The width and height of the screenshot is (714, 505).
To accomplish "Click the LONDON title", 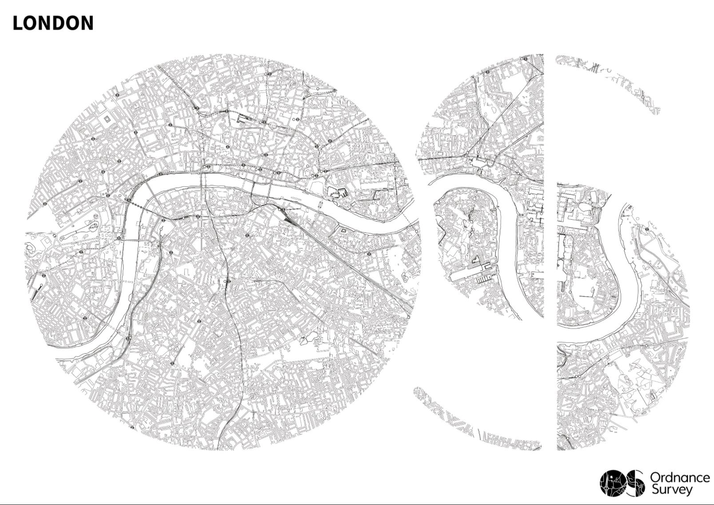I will click(x=53, y=23).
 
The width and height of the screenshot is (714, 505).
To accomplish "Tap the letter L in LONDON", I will click(x=17, y=23).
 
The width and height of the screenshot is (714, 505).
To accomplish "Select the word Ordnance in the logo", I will click(x=680, y=478).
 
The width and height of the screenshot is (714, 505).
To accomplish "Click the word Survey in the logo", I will click(x=671, y=490).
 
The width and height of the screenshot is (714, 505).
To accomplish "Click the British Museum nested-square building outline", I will click(x=107, y=120).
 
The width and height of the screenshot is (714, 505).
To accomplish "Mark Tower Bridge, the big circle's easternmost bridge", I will click(x=320, y=205).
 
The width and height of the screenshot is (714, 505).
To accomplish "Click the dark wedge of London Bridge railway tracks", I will click(x=289, y=217).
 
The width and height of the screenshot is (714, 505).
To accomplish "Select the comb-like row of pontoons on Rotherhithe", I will click(x=484, y=280).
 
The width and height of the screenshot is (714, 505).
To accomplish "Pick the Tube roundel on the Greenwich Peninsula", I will click(x=647, y=229).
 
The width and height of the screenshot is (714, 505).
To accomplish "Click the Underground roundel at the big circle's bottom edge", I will click(x=132, y=428).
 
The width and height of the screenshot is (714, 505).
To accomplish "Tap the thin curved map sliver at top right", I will click(x=613, y=75).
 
